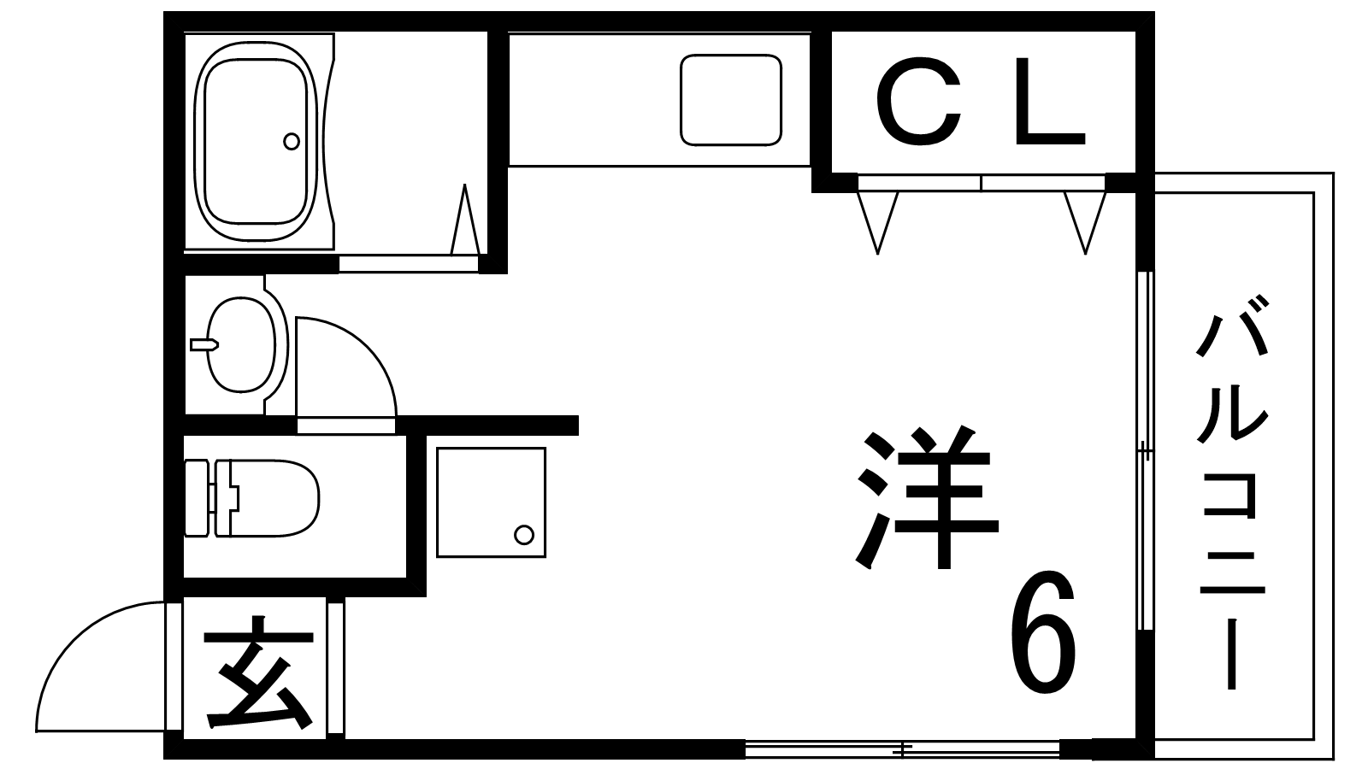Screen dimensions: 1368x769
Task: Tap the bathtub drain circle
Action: tap(292, 142)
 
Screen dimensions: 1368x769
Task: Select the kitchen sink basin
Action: tap(731, 101)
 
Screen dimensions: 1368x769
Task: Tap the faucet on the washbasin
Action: tap(204, 345)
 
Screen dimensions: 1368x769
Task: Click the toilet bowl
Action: tap(274, 499)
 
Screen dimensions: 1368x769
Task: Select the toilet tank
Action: tap(197, 499)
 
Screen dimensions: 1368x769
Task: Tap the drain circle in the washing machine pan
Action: tap(524, 535)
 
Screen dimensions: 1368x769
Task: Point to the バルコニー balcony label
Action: tap(1232, 491)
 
